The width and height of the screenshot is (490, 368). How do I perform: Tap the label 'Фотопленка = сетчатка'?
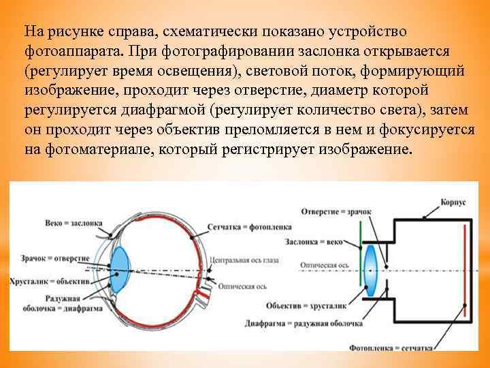click(x=391, y=348)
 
